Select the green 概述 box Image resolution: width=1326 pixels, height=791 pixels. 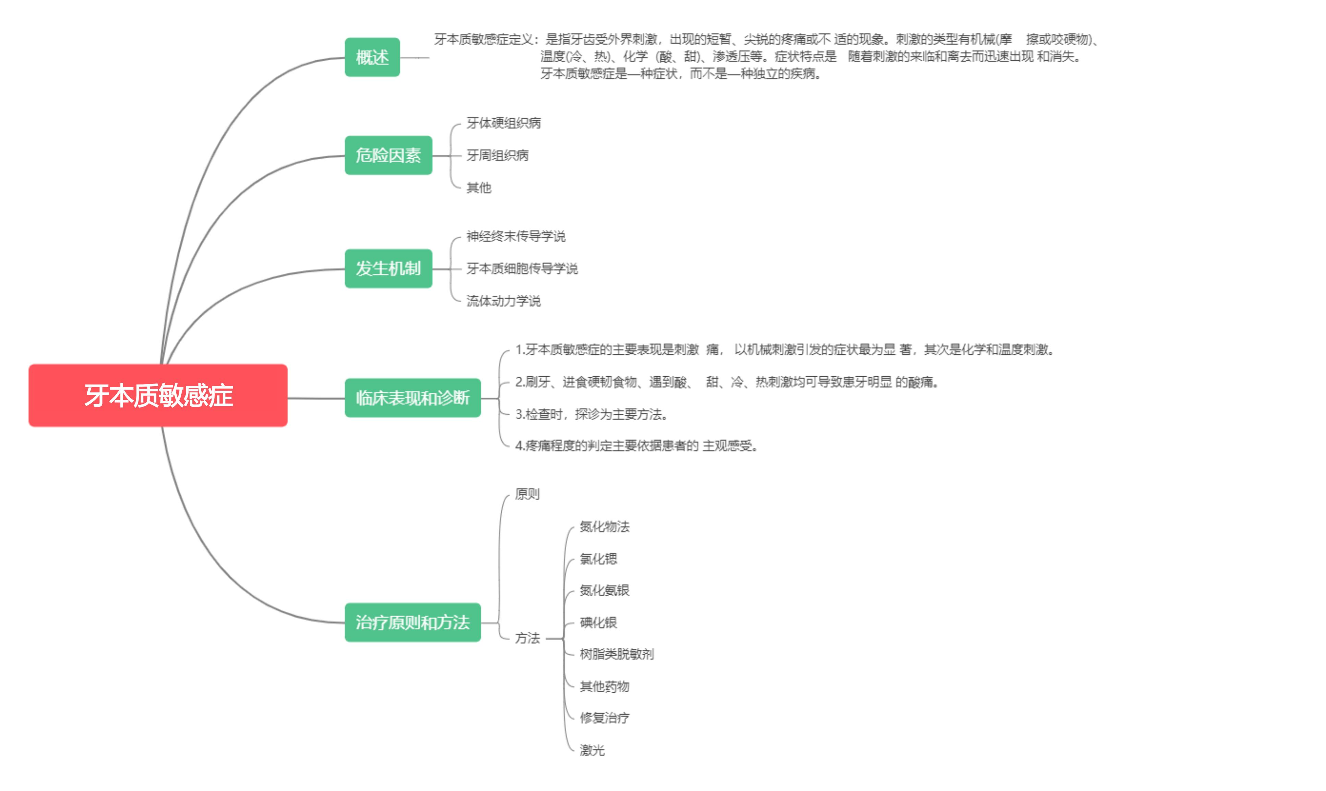372,57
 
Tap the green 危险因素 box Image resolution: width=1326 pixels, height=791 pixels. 388,155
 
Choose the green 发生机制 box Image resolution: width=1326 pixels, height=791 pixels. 388,268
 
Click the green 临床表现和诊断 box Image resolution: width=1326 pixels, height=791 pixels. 412,398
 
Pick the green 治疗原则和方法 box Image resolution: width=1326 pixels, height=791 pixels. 412,622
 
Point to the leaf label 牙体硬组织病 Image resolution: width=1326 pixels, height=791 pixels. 503,123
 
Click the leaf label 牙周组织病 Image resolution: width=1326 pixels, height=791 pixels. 497,155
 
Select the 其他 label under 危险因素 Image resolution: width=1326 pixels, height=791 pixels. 479,187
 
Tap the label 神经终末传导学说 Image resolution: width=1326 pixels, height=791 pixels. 516,236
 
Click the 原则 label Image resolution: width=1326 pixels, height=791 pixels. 527,494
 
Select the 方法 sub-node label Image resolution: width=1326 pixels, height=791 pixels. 527,638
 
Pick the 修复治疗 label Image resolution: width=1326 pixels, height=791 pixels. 604,718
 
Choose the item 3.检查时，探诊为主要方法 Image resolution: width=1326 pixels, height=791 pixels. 591,414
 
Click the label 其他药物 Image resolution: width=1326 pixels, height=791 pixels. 604,686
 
